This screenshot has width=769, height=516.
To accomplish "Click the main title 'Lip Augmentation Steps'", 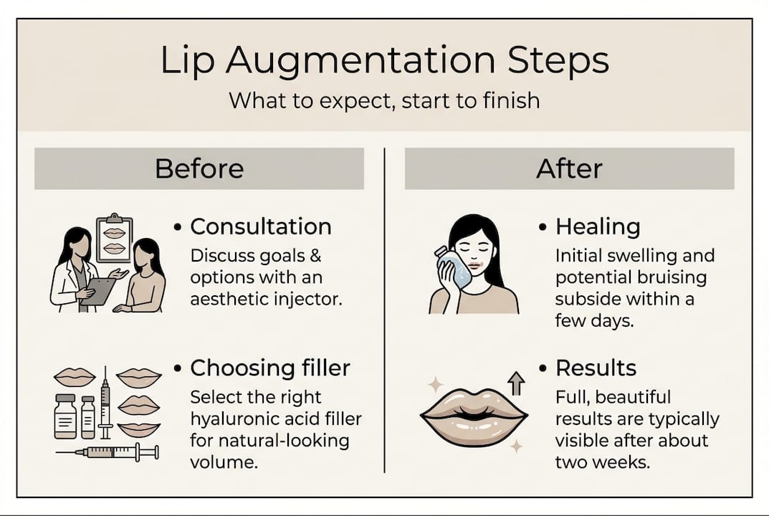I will (x=384, y=61).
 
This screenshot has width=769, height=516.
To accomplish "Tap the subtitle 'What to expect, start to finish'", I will (x=384, y=100).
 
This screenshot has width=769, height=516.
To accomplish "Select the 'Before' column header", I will (x=199, y=168).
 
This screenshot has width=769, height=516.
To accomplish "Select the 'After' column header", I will (x=569, y=168).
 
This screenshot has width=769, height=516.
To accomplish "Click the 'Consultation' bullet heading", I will (x=260, y=226).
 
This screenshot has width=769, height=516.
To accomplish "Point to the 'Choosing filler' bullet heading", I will (x=269, y=368).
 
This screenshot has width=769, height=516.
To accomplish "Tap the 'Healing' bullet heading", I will (x=598, y=226).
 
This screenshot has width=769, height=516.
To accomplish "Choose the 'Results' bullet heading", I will (x=596, y=368).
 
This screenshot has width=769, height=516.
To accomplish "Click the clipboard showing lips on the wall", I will (x=114, y=239).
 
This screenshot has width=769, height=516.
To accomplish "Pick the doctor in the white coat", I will (x=74, y=272).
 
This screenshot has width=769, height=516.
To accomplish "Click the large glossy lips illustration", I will (x=474, y=415).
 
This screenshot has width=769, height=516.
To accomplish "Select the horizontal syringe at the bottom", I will (x=108, y=452).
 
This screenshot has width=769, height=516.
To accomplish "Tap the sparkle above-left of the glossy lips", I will (x=435, y=384).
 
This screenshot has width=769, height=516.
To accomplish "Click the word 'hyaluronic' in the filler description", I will (x=229, y=419).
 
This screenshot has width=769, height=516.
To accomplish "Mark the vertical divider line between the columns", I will (x=385, y=308).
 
